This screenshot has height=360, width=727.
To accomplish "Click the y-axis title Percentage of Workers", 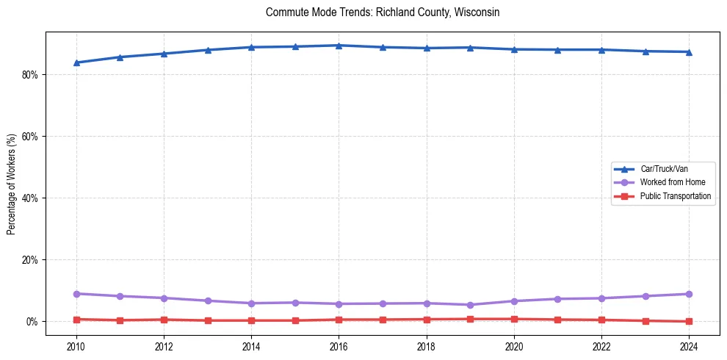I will pos(12,184).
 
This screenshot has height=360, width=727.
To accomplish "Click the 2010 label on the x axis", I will pos(76,346).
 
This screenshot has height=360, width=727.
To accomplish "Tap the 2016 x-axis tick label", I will pos(339,346).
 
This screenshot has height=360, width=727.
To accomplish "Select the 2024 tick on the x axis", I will pos(689,346).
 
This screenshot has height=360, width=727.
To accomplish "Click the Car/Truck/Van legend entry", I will pos(664,169).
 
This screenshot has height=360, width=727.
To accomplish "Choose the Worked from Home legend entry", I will pos(669,182).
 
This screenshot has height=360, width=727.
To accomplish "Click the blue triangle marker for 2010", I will pos(76,62).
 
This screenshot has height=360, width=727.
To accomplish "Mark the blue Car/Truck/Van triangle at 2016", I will pos(339,46).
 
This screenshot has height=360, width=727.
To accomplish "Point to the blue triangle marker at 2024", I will pos(689,51).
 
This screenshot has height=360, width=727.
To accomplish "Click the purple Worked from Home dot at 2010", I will pos(76,294).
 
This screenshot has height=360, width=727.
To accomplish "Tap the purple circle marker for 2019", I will pos(470,305).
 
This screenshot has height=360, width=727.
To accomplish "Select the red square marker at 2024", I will pos(689,321).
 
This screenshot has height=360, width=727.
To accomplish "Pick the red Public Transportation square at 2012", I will pos(164,320).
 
